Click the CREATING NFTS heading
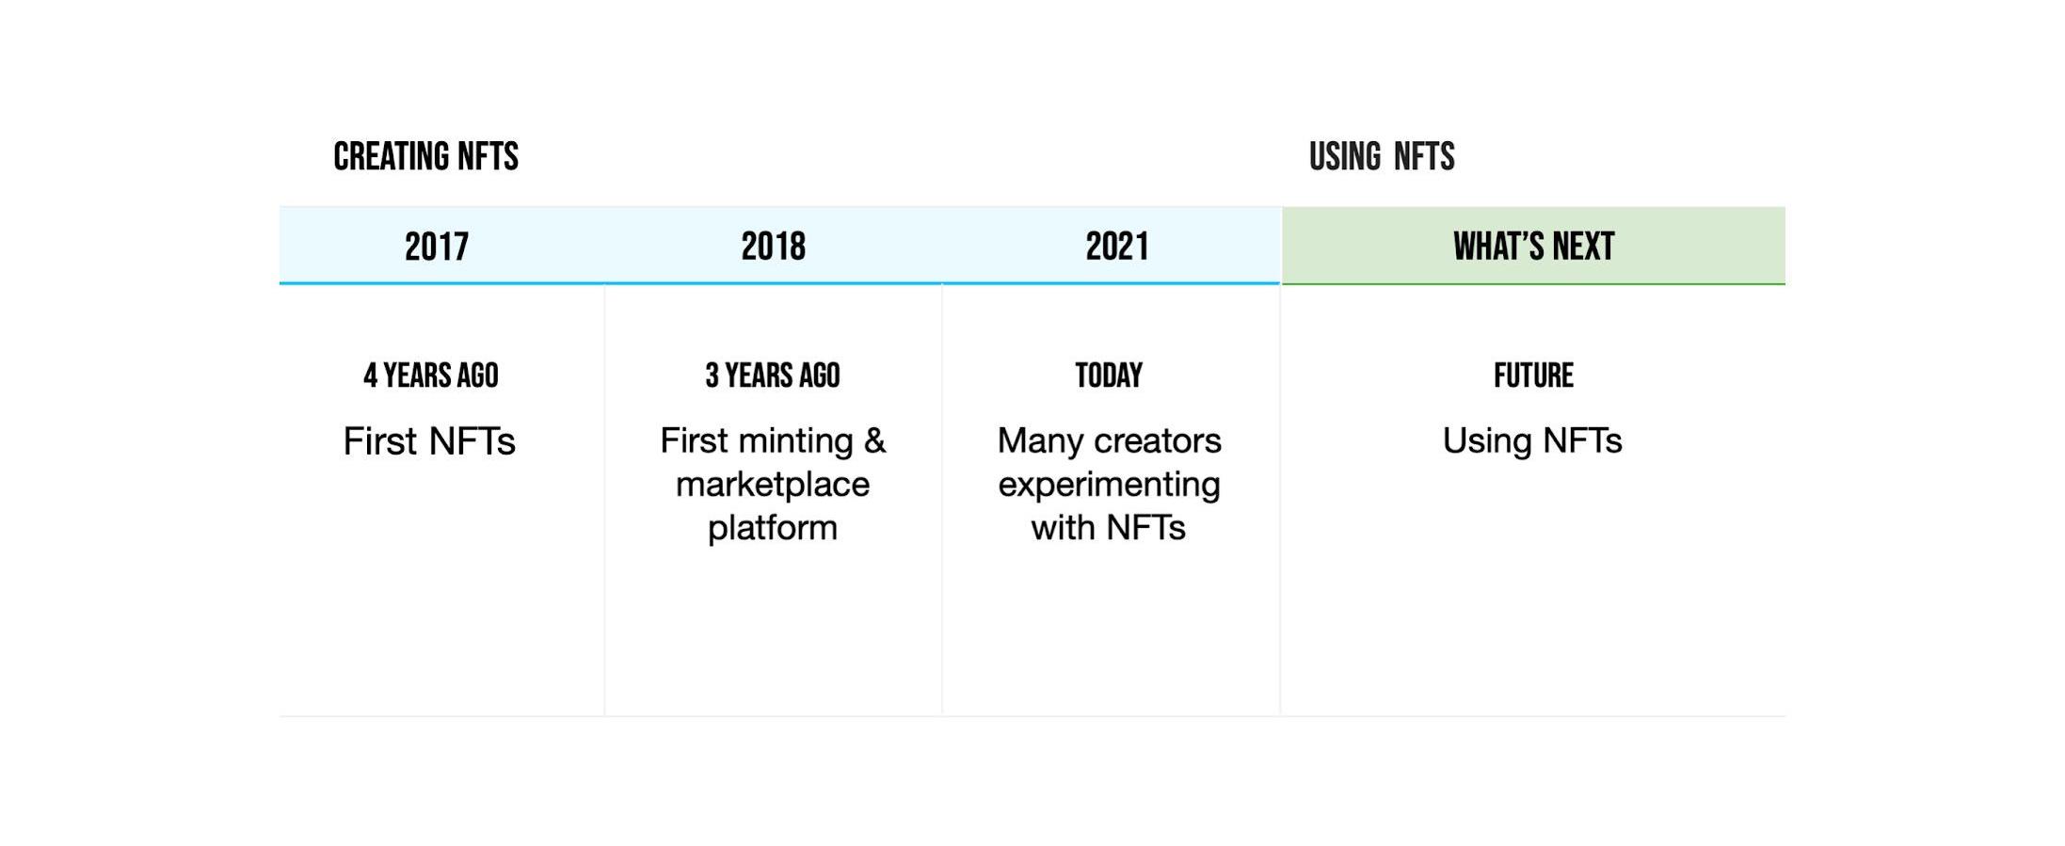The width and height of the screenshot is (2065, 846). point(425,156)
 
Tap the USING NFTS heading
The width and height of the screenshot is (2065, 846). point(1382,156)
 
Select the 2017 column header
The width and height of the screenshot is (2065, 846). point(437,247)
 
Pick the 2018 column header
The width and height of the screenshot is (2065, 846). point(773,247)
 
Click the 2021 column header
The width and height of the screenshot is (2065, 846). point(1117,247)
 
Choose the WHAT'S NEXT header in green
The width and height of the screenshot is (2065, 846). point(1533,247)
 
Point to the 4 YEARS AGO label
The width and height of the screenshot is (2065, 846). point(431,375)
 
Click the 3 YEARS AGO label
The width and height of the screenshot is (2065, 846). point(773,375)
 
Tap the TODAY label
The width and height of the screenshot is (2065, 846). point(1109,375)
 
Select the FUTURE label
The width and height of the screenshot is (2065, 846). point(1533,375)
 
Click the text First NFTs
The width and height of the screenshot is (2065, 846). point(429,441)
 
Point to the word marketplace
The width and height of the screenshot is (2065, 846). point(773,485)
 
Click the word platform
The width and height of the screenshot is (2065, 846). point(773,528)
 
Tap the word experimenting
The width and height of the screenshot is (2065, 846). point(1109,485)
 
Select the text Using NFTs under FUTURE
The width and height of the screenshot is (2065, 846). point(1532,441)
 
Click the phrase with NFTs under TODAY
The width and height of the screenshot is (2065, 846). point(1109,528)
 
